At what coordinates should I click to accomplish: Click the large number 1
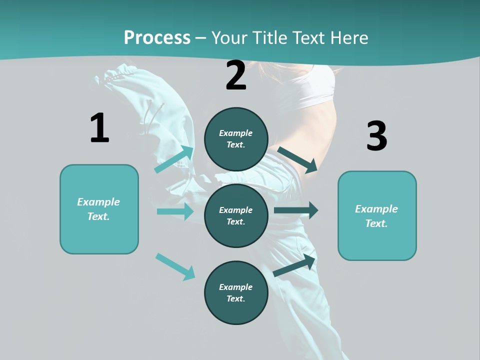click(x=99, y=128)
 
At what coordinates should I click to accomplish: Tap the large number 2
click(x=236, y=75)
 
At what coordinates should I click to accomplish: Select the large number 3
click(x=377, y=136)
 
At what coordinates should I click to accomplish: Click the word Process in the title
click(x=157, y=37)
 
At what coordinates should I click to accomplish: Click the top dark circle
click(x=236, y=139)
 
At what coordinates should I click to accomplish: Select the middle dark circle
click(x=236, y=215)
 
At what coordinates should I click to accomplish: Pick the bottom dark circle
click(x=236, y=292)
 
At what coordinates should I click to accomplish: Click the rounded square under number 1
click(x=99, y=209)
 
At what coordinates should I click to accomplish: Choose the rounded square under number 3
click(x=377, y=215)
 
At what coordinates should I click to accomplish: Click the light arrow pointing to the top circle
click(x=174, y=159)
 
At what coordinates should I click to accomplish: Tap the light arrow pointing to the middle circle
click(x=175, y=211)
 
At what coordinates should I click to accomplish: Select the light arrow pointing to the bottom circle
click(x=175, y=266)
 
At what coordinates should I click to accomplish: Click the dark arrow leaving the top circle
click(x=297, y=159)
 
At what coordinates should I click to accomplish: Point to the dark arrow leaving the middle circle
click(x=295, y=210)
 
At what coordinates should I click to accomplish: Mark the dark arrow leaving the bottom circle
click(x=294, y=265)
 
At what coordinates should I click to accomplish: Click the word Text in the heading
click(x=307, y=37)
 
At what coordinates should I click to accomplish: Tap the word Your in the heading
click(x=228, y=37)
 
